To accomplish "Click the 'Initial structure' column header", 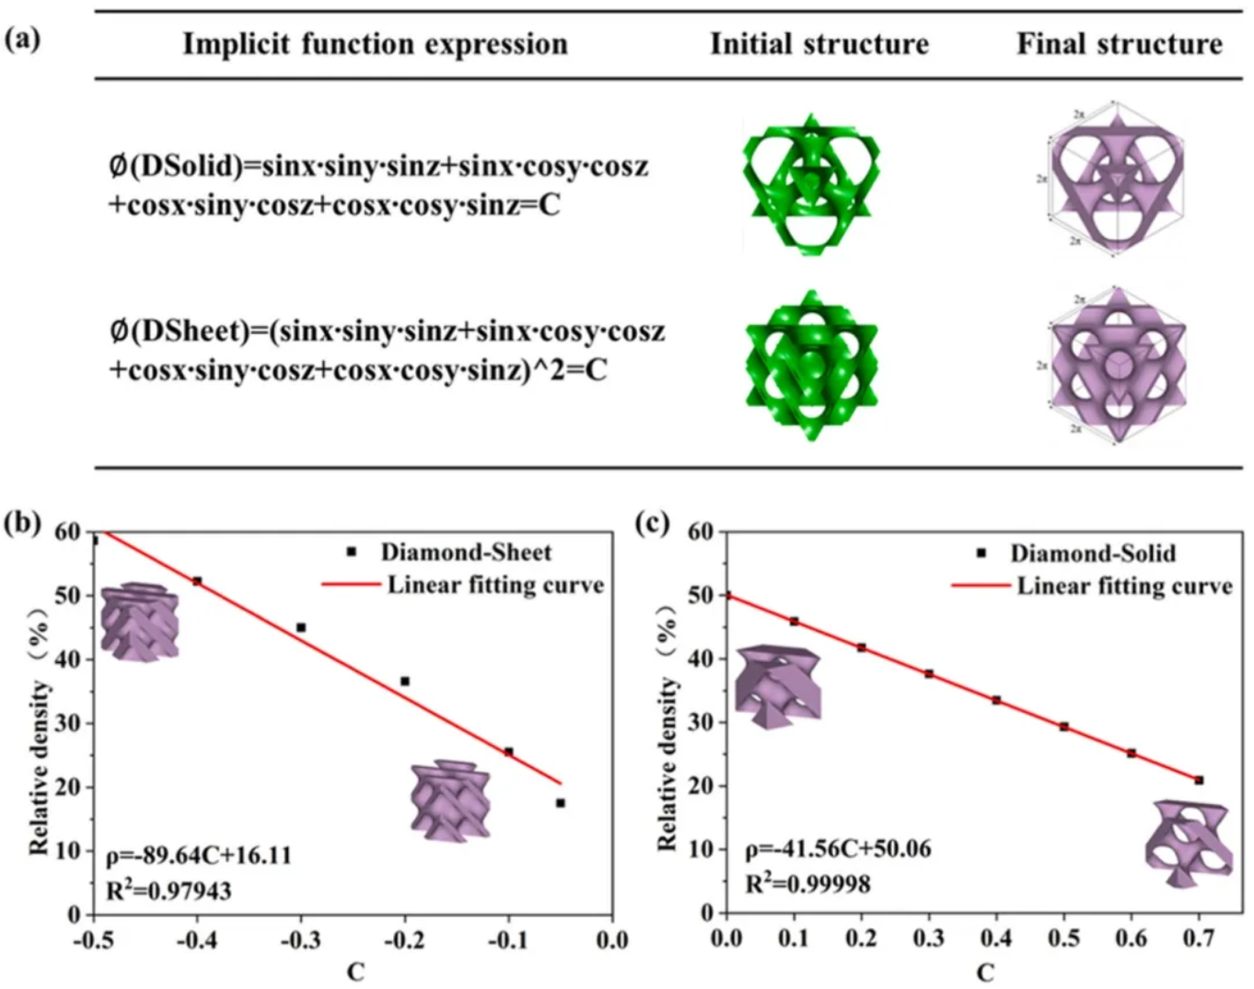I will (819, 44).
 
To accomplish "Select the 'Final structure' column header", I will (1119, 44).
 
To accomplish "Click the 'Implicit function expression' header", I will (375, 44).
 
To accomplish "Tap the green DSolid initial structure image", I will (811, 184).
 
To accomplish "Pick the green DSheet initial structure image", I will (811, 365).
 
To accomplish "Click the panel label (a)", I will (23, 40).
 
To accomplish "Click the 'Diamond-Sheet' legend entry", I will (466, 553).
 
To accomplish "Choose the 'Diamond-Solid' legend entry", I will (1093, 553).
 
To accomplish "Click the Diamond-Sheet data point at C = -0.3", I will (301, 627).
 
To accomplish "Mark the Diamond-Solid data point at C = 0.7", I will (1199, 780).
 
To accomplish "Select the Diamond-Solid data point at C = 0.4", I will (996, 700).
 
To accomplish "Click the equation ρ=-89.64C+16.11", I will (198, 855).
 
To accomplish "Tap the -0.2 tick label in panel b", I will (403, 940).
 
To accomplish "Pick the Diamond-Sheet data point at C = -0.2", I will (404, 681).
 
